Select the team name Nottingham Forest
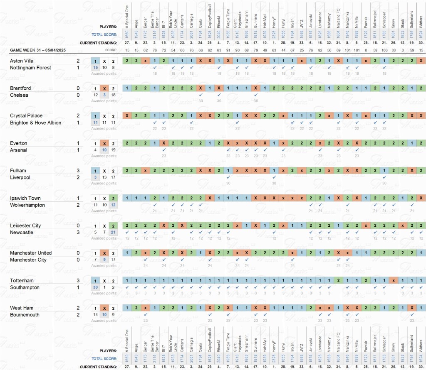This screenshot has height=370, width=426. point(30,68)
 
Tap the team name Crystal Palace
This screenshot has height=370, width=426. point(26,116)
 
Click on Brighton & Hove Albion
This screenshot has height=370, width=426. point(35,123)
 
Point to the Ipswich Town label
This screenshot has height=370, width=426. point(25,198)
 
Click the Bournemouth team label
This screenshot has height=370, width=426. point(25,315)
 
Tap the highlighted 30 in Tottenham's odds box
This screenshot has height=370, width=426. point(95,287)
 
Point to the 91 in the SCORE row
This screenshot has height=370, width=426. point(228,50)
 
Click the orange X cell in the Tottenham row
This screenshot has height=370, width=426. point(393,280)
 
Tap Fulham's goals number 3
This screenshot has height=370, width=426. point(78,171)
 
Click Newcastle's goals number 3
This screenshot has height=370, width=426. point(78,233)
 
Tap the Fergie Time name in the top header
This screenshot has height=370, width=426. point(228,19)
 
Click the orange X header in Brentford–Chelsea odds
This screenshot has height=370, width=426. point(105,88)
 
